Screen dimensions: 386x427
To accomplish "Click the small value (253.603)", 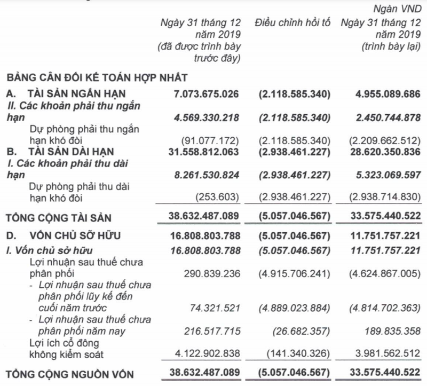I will [220, 198].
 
